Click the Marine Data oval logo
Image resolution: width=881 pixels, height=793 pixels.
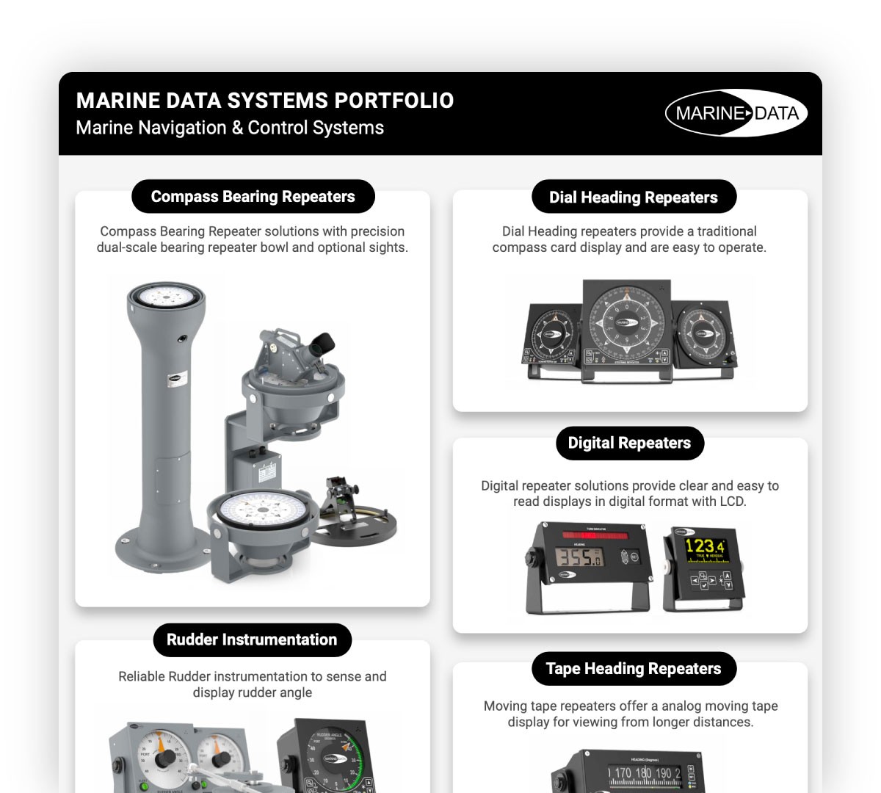tap(736, 113)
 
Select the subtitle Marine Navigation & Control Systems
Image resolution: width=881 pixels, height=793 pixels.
tap(230, 128)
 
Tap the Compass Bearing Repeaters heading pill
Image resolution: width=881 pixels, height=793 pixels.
tap(253, 197)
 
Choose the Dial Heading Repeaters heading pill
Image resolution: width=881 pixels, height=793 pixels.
tap(633, 198)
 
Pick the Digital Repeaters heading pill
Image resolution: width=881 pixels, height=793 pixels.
tap(629, 443)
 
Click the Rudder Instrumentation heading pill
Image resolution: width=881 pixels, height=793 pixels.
tap(252, 640)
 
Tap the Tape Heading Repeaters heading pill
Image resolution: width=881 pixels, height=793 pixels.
tap(633, 669)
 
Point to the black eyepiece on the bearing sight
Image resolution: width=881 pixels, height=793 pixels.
tap(322, 343)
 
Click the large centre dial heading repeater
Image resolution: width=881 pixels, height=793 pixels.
tap(626, 322)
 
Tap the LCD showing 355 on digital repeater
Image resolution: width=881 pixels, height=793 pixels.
tap(579, 557)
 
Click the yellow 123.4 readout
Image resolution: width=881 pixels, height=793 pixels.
tap(703, 546)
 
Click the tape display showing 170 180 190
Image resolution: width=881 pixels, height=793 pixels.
tap(645, 773)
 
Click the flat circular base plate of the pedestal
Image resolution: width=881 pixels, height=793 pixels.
tap(159, 550)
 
